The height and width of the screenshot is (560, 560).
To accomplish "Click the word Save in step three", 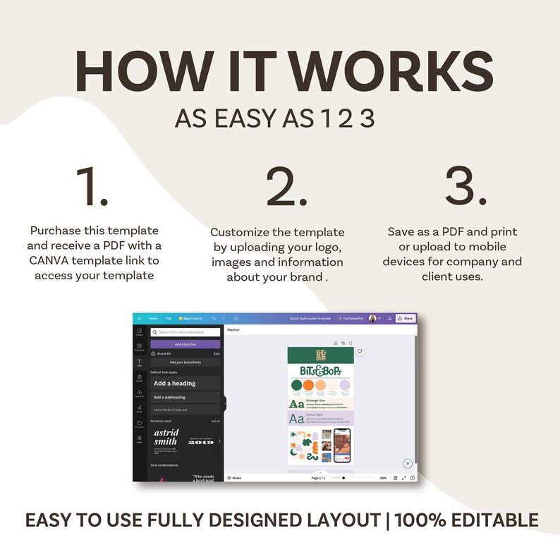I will point(403,231).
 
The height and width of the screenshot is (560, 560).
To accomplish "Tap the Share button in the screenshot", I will point(405,318).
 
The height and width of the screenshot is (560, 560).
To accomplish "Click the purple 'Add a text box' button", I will point(185,344).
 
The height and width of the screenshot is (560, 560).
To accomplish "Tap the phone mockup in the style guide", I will point(342,446).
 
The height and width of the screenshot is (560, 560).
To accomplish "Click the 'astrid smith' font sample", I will point(166,437).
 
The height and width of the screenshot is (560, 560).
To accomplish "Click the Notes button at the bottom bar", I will point(234,477).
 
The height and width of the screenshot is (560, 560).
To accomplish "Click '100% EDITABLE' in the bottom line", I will point(466,521).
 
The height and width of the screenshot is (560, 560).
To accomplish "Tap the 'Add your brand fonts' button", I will point(185,362).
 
